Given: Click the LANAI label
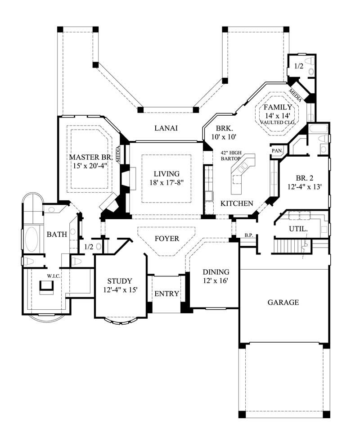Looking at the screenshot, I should coord(166,128).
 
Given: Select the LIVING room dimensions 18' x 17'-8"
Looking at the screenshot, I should coord(166,182).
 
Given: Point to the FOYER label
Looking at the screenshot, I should coord(166,239).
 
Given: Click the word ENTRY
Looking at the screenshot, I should coord(166,294).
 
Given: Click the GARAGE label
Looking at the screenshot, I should coord(283,302).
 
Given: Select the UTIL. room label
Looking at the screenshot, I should coord(298,229).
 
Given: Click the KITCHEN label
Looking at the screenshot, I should coord(237,203).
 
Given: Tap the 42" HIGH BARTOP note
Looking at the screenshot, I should coord(231,156).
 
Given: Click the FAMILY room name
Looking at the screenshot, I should coord(278,107).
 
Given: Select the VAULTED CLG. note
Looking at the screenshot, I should coord(278,122).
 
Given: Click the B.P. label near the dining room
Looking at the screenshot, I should coord(247,235).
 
